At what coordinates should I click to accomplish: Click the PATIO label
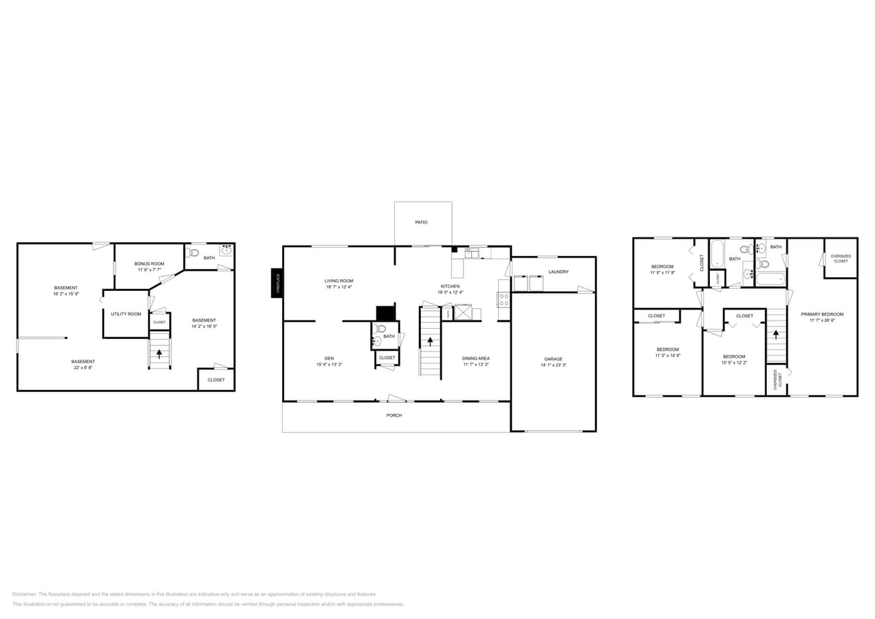[421, 222]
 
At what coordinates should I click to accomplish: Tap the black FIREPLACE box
[277, 282]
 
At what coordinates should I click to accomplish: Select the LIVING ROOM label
[338, 281]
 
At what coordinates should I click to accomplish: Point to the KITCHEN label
[451, 286]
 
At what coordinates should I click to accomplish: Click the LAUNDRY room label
[558, 272]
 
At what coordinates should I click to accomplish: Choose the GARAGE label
[553, 359]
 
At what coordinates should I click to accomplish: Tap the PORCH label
[393, 415]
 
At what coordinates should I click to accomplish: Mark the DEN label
[329, 358]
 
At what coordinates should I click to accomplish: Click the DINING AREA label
[475, 358]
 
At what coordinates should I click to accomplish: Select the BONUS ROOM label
[149, 264]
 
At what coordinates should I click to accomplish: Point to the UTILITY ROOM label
[126, 314]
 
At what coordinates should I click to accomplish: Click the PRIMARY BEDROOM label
[821, 314]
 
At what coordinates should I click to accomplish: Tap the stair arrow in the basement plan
[160, 354]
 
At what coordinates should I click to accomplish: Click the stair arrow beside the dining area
[431, 341]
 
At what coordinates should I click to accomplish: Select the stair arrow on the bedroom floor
[776, 334]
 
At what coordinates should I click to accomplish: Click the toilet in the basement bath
[193, 252]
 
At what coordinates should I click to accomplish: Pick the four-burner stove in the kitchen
[504, 299]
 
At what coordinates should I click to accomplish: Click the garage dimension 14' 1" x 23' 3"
[553, 365]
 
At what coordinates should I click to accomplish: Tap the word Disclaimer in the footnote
[24, 594]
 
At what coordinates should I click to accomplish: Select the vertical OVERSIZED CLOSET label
[777, 380]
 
